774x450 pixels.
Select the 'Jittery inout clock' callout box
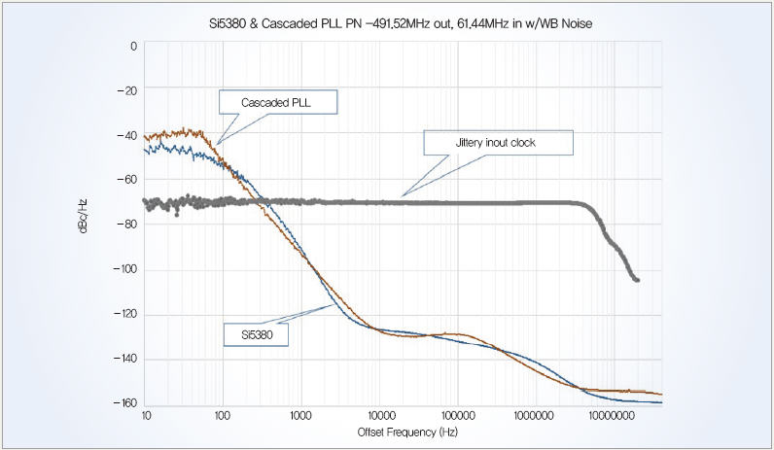(498, 142)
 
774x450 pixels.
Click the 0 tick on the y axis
(132, 46)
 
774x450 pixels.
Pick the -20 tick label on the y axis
(126, 90)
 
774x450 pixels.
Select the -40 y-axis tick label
(126, 135)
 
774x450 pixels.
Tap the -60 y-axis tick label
(126, 180)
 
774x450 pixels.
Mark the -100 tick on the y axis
(124, 269)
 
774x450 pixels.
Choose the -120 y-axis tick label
(124, 314)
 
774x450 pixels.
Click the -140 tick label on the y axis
(124, 359)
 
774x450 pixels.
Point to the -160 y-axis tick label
(124, 403)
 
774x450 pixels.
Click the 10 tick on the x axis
(145, 415)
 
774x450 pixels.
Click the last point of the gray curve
(637, 280)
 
